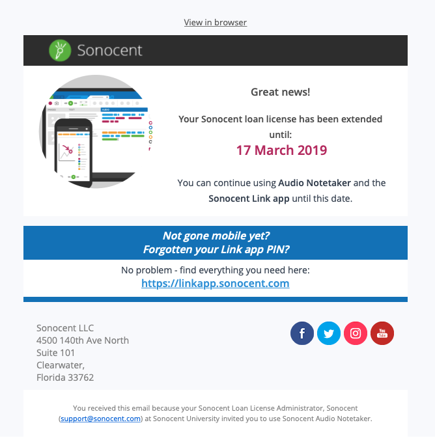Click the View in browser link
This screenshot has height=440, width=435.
[215, 22]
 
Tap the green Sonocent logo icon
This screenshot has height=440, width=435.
[60, 50]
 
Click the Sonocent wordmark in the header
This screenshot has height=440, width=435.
[109, 50]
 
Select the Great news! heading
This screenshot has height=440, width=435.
[280, 92]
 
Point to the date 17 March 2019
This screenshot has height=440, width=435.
[281, 150]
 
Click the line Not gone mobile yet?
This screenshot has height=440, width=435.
[215, 236]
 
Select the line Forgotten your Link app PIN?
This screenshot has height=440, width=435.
[215, 249]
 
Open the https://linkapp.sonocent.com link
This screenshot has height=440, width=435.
[215, 284]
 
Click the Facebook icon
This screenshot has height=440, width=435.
[302, 333]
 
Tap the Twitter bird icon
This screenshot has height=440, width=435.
[329, 333]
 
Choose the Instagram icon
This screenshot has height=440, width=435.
[356, 333]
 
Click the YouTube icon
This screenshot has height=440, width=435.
[382, 333]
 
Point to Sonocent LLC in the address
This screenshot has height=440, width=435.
[65, 327]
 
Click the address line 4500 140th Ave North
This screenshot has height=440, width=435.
[83, 340]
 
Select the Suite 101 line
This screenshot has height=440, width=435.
[56, 353]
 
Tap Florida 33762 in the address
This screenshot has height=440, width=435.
[65, 378]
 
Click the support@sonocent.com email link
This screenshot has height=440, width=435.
[100, 419]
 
